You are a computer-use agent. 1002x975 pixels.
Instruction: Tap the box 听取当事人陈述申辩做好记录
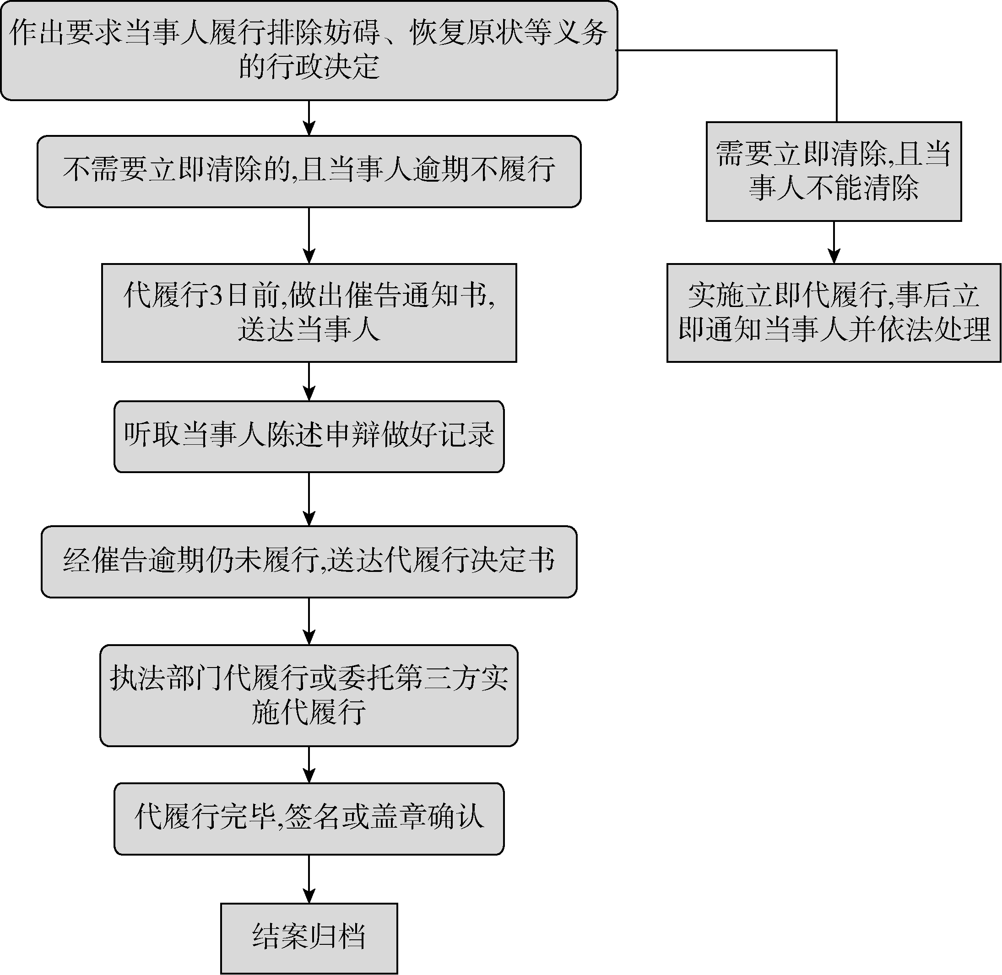[x=309, y=436]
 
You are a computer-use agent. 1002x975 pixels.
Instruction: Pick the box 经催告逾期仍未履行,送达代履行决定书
[x=309, y=561]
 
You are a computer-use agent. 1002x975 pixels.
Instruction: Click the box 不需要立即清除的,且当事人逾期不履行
[x=309, y=171]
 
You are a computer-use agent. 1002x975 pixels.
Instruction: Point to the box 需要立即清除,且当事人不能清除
[x=834, y=171]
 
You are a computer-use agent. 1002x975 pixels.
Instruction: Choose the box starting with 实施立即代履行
[x=834, y=312]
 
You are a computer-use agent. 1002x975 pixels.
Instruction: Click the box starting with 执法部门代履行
[x=309, y=695]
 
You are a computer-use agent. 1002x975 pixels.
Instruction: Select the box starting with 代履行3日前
[x=309, y=312]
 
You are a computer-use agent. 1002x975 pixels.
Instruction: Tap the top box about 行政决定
[x=309, y=50]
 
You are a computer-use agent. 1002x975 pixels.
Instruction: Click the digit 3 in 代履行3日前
[x=217, y=296]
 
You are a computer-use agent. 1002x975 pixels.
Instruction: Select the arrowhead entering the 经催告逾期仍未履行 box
[x=309, y=519]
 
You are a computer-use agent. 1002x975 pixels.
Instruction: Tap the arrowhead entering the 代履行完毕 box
[x=309, y=776]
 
